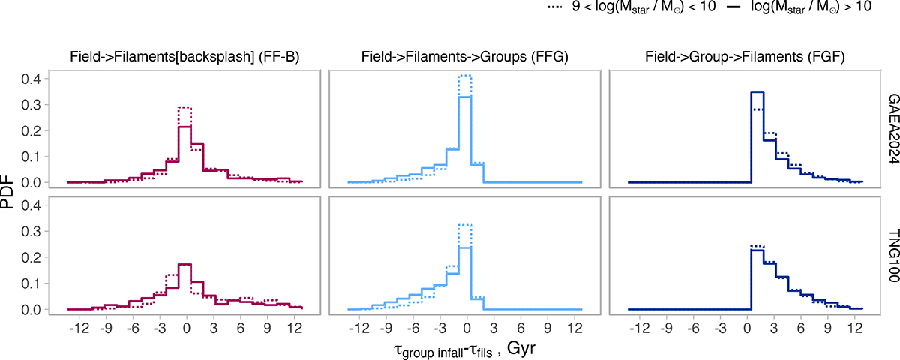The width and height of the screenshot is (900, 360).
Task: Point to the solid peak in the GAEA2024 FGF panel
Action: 757,92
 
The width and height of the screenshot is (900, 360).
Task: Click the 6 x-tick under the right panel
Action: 800,327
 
